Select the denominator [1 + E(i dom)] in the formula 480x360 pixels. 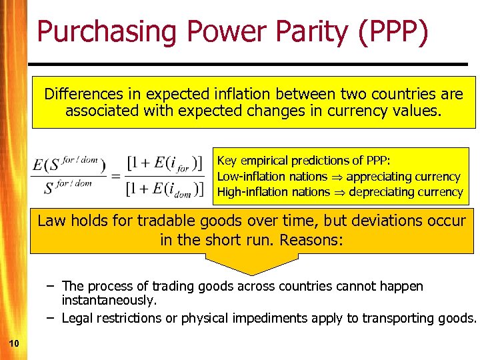[165, 187]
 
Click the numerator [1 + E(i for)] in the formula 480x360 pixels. [164, 163]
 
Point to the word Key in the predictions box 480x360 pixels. [227, 161]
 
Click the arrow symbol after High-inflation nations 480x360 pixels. [339, 193]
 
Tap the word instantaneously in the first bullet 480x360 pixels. [109, 301]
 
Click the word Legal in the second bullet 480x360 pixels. [77, 318]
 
